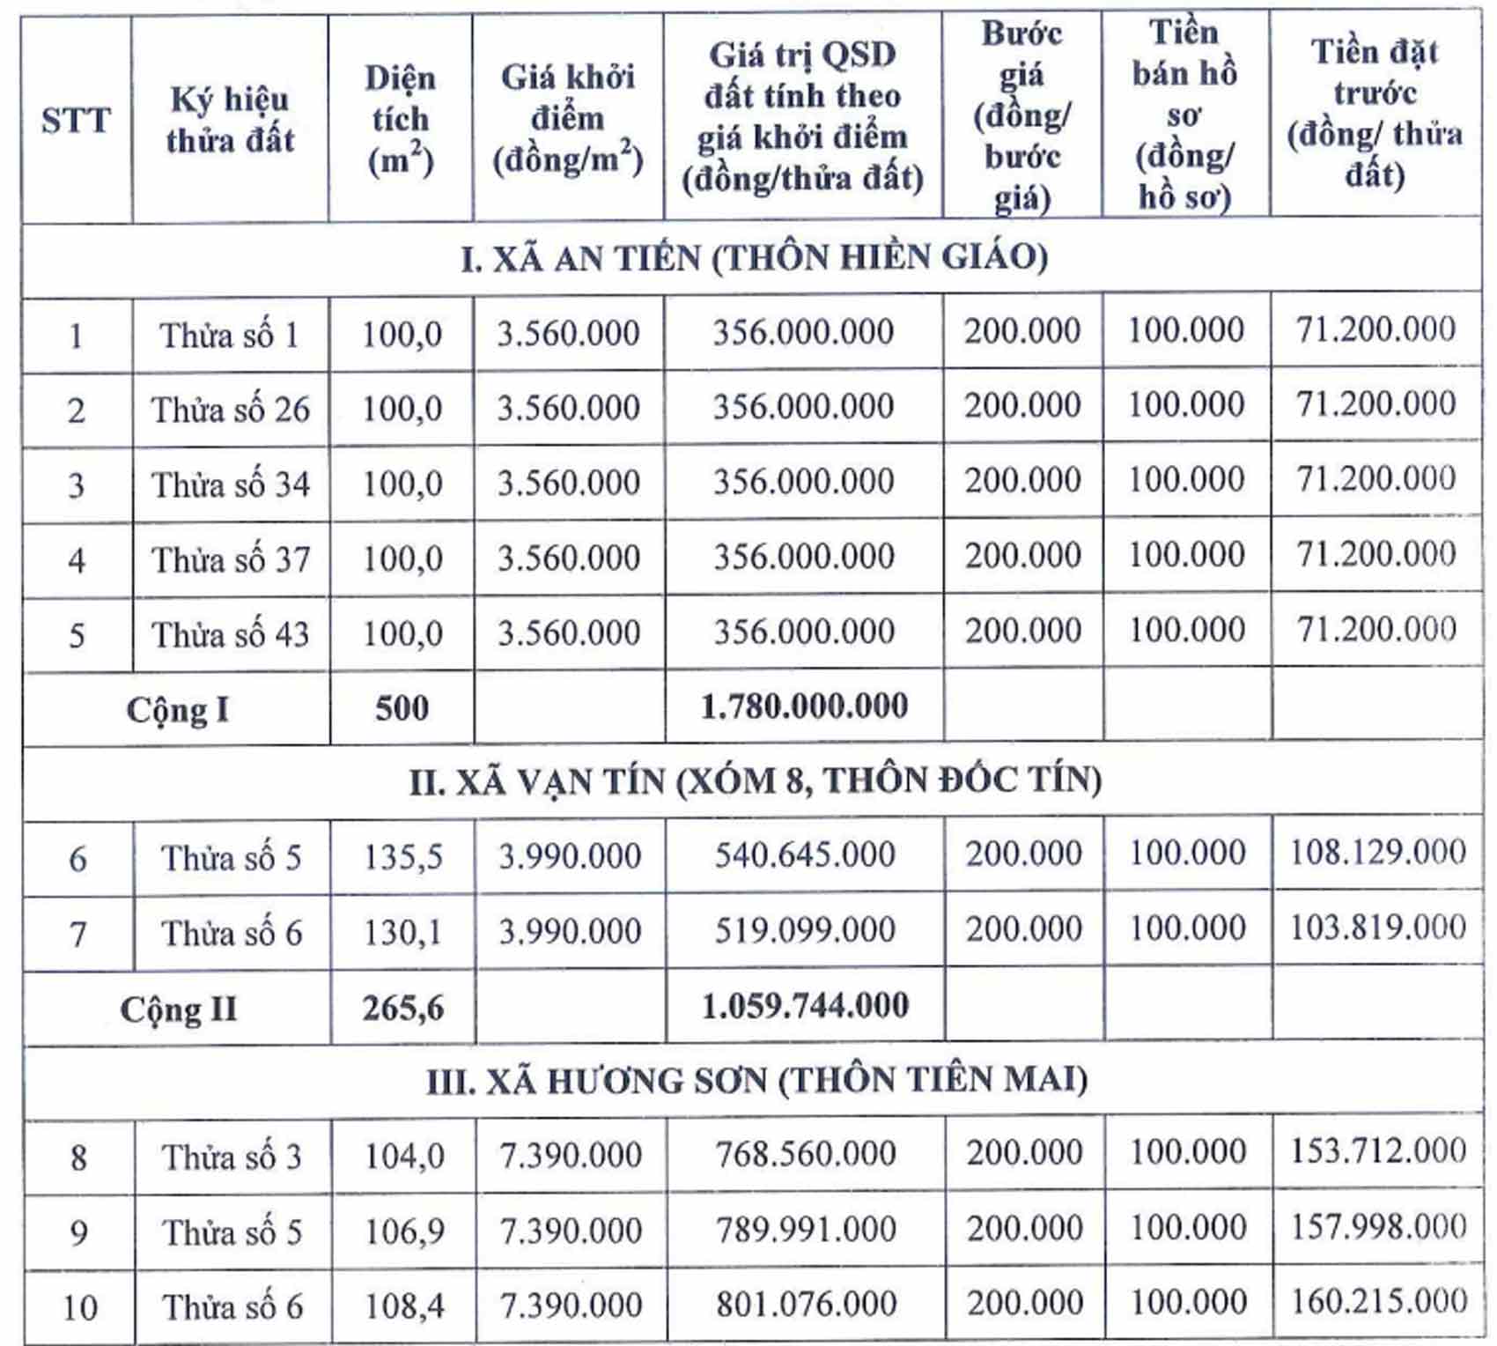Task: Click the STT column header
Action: click(76, 120)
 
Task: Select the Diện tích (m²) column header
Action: click(401, 120)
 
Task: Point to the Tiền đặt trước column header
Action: click(1375, 113)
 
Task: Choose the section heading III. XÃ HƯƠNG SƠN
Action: click(756, 1081)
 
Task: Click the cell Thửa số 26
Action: click(231, 410)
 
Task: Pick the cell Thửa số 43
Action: click(231, 634)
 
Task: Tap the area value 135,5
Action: click(403, 857)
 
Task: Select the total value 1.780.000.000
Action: click(804, 706)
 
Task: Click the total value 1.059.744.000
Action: click(805, 1006)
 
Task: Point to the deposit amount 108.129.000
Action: click(1377, 852)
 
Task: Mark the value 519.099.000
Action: click(804, 930)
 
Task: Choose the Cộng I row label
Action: click(177, 709)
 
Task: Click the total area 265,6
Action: click(403, 1007)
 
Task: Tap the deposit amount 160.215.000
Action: click(1378, 1301)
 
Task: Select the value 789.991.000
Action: click(806, 1230)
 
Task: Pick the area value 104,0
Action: click(404, 1156)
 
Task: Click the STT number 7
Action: click(78, 934)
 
